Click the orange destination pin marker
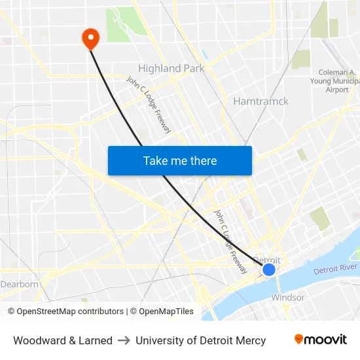[x=90, y=37]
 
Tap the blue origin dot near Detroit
[x=269, y=269]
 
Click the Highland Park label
[x=171, y=68]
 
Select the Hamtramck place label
[x=261, y=101]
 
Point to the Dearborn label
[x=20, y=284]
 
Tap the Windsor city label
[x=288, y=297]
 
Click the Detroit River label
[x=335, y=269]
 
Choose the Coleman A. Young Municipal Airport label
[x=338, y=81]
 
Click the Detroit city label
[x=266, y=260]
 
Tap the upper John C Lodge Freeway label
[x=149, y=104]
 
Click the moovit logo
[x=321, y=339]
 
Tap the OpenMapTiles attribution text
[x=166, y=312]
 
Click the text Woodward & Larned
[x=63, y=340]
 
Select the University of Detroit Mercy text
[x=201, y=340]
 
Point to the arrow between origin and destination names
[x=124, y=340]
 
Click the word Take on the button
[x=155, y=160]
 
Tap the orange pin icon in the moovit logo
[x=299, y=339]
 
